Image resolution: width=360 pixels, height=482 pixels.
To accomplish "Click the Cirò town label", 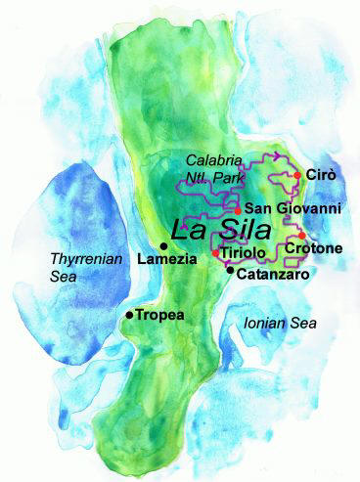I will pyautogui.click(x=321, y=174).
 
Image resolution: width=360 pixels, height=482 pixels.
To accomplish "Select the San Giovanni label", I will pyautogui.click(x=292, y=208).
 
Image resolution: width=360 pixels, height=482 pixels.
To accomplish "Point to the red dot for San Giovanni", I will pyautogui.click(x=238, y=209).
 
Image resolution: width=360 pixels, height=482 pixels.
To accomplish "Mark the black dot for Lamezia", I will pyautogui.click(x=162, y=245).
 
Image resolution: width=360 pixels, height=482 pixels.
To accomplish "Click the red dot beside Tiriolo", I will pyautogui.click(x=215, y=254).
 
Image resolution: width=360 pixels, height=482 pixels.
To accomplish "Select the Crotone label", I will pyautogui.click(x=313, y=249).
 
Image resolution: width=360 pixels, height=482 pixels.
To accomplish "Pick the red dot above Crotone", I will pyautogui.click(x=302, y=235).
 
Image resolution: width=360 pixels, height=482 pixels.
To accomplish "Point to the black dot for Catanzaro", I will pyautogui.click(x=230, y=270).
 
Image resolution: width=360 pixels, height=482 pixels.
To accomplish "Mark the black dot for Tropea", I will pyautogui.click(x=129, y=316).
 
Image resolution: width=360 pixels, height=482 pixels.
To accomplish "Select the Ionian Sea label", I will pyautogui.click(x=285, y=322).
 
